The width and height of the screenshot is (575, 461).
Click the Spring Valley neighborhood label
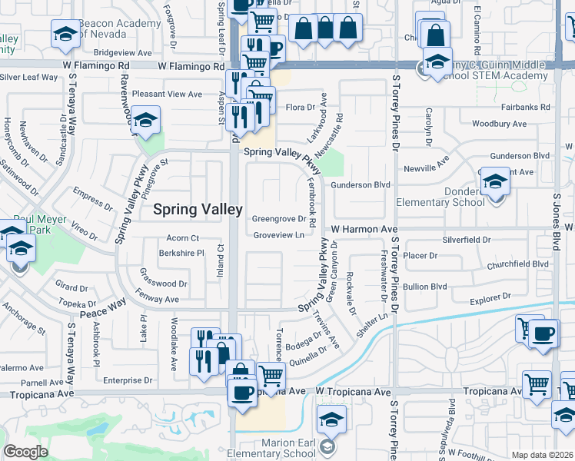pyautogui.click(x=198, y=208)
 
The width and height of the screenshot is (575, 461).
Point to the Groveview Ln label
pyautogui.click(x=278, y=236)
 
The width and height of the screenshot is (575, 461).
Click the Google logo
pyautogui.click(x=25, y=452)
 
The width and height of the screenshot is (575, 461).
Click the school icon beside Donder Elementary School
pyautogui.click(x=496, y=184)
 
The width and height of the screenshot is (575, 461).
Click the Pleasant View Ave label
pyautogui.click(x=166, y=95)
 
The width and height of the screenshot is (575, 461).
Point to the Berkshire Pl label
pyautogui.click(x=181, y=252)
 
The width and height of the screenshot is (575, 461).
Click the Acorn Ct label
pyautogui.click(x=183, y=238)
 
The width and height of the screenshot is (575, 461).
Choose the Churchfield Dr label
pyautogui.click(x=518, y=264)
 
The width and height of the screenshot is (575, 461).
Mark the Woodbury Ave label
pyautogui.click(x=498, y=124)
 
